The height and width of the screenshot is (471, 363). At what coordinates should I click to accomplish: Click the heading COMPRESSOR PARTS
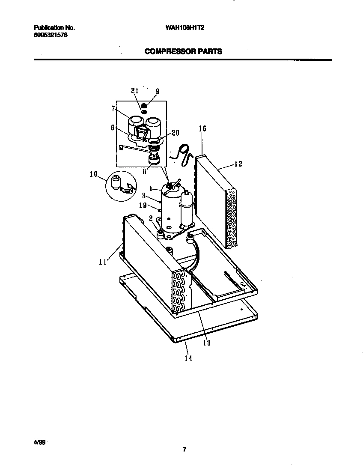tap(183, 51)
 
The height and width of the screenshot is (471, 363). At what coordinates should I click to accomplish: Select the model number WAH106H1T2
tap(184, 27)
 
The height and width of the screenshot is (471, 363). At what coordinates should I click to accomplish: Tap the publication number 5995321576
tap(50, 35)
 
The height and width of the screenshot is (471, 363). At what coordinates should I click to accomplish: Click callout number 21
tap(135, 90)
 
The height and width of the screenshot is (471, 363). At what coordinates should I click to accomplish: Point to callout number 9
tap(158, 91)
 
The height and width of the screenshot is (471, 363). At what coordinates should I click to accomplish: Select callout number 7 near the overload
tap(113, 109)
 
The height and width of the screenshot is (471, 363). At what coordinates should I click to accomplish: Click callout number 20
tap(175, 133)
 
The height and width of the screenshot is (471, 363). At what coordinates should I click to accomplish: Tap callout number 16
tap(202, 128)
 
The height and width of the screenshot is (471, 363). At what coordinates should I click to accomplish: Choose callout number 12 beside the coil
tap(238, 164)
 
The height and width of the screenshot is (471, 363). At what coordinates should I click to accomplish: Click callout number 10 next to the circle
tap(93, 174)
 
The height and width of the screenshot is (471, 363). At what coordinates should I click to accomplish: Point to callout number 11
tap(102, 262)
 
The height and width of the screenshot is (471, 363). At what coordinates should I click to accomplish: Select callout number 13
tap(207, 343)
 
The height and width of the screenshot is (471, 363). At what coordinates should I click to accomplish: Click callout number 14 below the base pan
tap(188, 358)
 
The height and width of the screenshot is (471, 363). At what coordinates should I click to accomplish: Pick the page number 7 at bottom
tap(184, 450)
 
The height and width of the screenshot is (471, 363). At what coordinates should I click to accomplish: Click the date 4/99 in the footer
tap(39, 441)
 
